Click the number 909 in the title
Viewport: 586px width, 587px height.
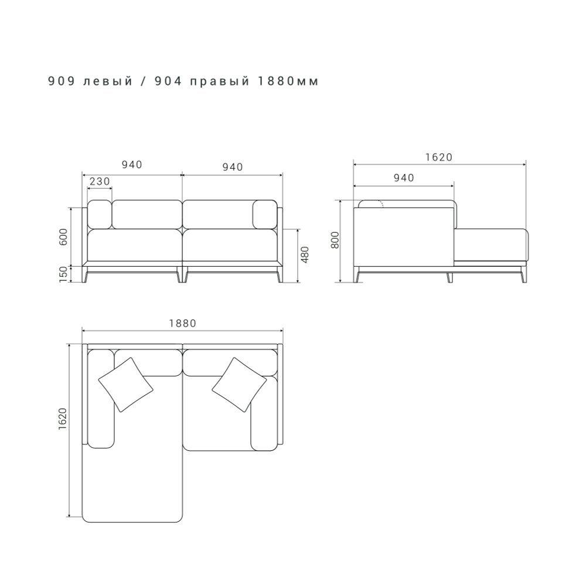pyautogui.click(x=62, y=82)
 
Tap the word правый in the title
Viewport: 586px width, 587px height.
pyautogui.click(x=220, y=82)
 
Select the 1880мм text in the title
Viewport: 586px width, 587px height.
pyautogui.click(x=288, y=82)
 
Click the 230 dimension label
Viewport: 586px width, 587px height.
pyautogui.click(x=100, y=181)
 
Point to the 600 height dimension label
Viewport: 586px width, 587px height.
pyautogui.click(x=63, y=236)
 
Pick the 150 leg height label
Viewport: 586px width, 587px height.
pyautogui.click(x=63, y=274)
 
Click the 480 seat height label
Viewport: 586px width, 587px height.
pyautogui.click(x=305, y=255)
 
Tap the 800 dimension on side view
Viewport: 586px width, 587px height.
pyautogui.click(x=335, y=240)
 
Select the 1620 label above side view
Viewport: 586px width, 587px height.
pyautogui.click(x=439, y=157)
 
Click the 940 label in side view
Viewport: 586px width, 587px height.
pyautogui.click(x=404, y=178)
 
